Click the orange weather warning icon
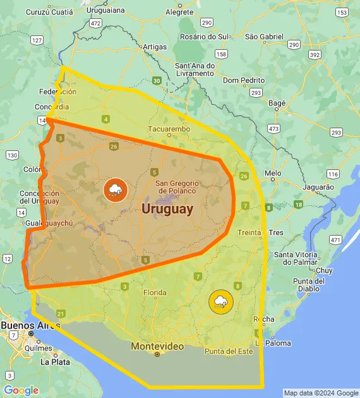tap(115, 189)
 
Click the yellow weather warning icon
tap(220, 301)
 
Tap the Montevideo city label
tap(157, 346)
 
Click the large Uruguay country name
tap(167, 209)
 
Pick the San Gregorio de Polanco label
tap(177, 187)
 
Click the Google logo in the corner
tap(21, 390)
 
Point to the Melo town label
tap(273, 172)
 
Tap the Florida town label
tap(155, 292)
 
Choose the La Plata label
tap(54, 363)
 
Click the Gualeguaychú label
tap(50, 223)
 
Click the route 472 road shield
tap(95, 23)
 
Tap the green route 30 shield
tap(156, 80)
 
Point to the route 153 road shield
tap(342, 13)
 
